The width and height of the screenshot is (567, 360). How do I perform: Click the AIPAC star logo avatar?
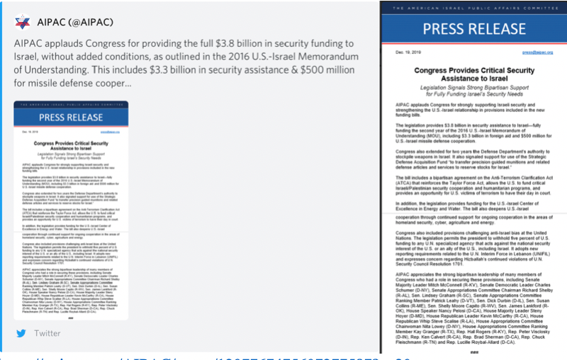click(x=24, y=21)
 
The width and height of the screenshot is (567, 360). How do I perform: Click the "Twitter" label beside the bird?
click(x=47, y=332)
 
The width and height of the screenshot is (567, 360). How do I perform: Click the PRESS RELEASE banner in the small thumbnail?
click(x=71, y=117)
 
